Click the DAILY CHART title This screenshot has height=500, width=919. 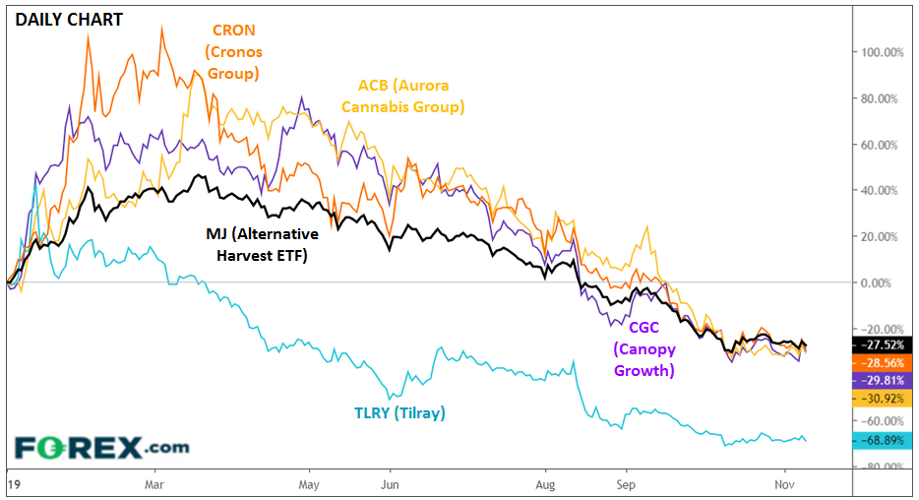(x=68, y=19)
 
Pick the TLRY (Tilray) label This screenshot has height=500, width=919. (x=399, y=413)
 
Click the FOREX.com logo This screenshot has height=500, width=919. (x=101, y=447)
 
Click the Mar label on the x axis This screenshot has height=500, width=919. (x=153, y=485)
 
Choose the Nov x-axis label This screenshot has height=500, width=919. (x=784, y=485)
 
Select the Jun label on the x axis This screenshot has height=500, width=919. (x=390, y=485)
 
